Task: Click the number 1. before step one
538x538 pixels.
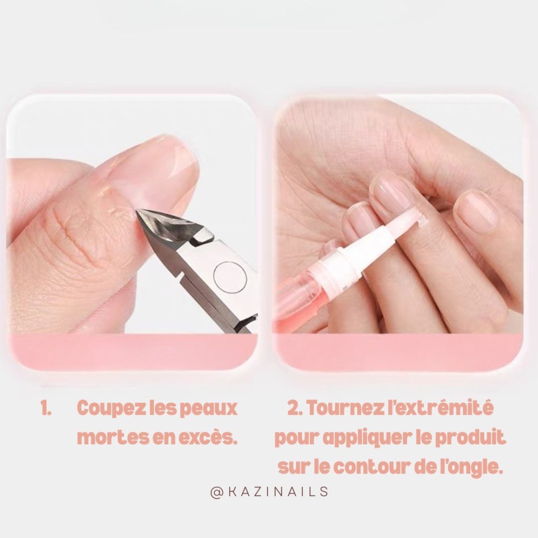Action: point(46,409)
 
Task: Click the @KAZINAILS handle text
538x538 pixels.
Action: point(269,492)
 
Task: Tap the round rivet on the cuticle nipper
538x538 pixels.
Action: point(230,277)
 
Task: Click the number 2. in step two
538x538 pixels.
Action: point(294,409)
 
